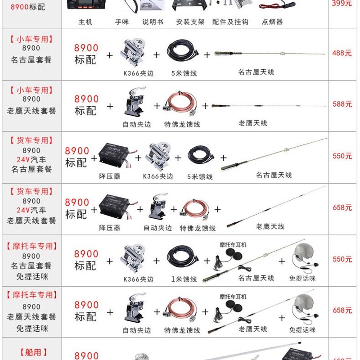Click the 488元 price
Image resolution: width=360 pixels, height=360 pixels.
pos(342,53)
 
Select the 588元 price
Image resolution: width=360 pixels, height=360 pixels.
pos(342,104)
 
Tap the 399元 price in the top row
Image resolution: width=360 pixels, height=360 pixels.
pos(342,4)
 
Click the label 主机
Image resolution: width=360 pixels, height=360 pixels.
pos(85,22)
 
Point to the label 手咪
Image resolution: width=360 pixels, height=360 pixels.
pos(121,22)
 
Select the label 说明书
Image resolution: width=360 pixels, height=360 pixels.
pos(153,22)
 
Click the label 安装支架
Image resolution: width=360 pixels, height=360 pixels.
pos(190,22)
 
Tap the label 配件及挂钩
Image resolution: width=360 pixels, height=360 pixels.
pos(230,22)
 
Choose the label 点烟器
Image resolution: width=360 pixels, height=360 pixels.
pos(272,22)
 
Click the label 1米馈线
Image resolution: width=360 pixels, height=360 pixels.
pos(184,279)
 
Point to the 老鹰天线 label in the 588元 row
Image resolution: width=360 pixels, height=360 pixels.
pos(253,123)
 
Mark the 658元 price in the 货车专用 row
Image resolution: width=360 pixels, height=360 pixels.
pos(342,207)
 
